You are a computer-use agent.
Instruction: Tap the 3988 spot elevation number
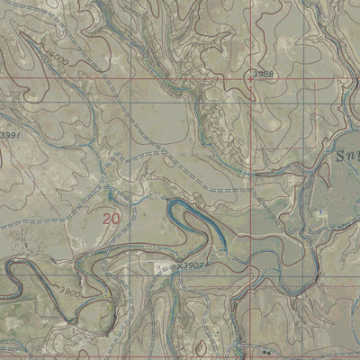tap(262, 72)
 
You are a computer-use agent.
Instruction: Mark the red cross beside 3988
tap(249, 78)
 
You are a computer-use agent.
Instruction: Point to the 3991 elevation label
tap(10, 135)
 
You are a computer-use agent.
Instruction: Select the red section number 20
tap(112, 218)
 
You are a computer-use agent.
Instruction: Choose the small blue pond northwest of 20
tap(110, 193)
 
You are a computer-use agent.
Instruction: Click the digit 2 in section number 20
tap(108, 218)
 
